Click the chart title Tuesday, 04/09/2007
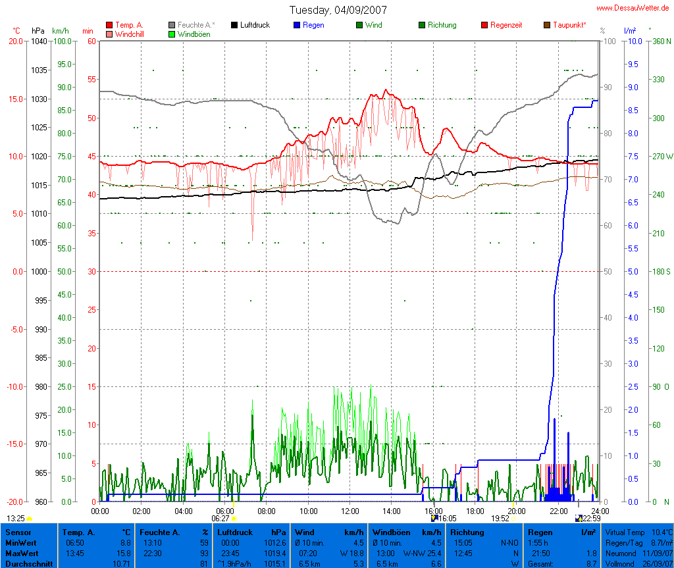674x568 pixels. click(x=338, y=10)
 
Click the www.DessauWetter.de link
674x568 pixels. click(x=633, y=8)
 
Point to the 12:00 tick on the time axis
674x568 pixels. click(x=350, y=511)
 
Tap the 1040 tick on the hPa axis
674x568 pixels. click(x=39, y=41)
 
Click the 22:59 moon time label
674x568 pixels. click(x=592, y=519)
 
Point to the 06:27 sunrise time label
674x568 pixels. click(x=220, y=519)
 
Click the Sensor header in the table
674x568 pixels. click(x=19, y=532)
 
